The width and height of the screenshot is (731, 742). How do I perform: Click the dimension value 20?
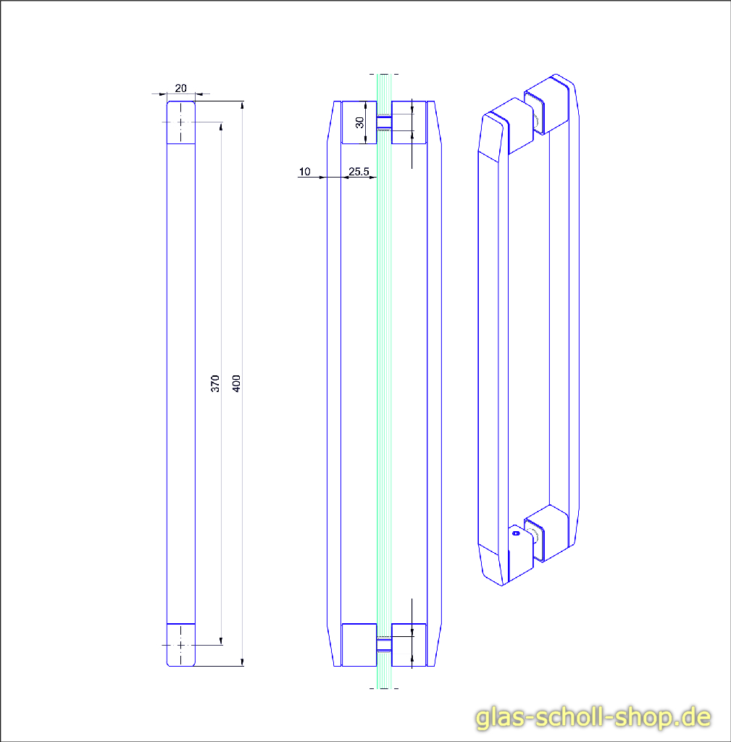180,88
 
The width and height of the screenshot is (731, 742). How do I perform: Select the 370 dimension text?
215,384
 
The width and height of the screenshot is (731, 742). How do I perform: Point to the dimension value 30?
360,122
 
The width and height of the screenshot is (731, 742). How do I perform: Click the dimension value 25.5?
359,172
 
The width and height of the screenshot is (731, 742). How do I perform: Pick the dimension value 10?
304,172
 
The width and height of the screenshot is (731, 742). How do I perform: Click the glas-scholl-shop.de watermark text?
593,717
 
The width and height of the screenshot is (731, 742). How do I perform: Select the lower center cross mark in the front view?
180,644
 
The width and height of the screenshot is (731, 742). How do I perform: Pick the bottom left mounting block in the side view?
359,645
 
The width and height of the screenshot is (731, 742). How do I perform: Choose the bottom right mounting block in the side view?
409,645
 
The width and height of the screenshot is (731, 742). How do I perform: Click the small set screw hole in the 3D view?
516,533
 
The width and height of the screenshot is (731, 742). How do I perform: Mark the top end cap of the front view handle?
181,123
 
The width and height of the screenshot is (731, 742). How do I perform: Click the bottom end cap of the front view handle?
181,644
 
